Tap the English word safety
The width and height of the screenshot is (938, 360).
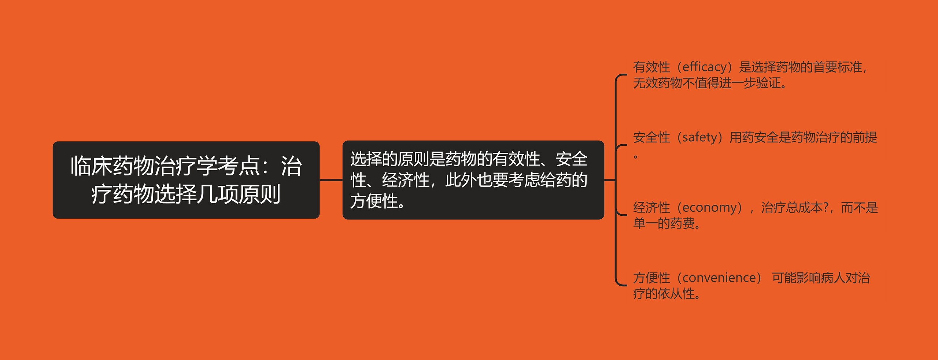coord(700,137)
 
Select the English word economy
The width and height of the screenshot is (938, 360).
coord(709,208)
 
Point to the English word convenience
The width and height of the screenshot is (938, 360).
coord(719,278)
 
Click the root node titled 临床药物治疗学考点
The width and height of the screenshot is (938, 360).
coord(186,180)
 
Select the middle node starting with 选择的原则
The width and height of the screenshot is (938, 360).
coord(473,180)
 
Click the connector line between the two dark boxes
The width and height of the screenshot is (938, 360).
coord(331,180)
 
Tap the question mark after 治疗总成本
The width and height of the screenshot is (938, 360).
coord(826,208)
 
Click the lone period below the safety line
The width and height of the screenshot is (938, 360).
coord(636,157)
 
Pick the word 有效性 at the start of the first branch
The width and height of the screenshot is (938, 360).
coord(651,67)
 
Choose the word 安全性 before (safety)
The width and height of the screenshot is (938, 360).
coord(651,137)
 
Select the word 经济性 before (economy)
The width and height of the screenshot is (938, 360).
coord(651,208)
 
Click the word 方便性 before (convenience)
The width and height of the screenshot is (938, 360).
coord(651,278)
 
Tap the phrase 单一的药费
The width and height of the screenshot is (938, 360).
coord(664,223)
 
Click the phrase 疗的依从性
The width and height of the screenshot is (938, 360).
coord(664,294)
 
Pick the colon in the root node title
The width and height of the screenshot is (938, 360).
coord(270,167)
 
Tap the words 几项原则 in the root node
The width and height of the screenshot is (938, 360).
coord(238,194)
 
